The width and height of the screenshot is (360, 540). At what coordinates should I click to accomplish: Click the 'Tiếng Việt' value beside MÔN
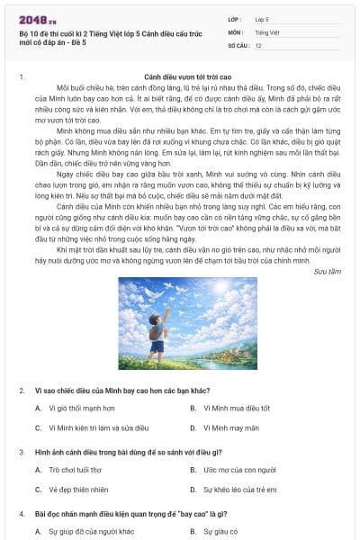(x=267, y=31)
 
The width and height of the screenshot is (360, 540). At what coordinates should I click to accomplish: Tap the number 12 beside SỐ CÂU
(x=258, y=44)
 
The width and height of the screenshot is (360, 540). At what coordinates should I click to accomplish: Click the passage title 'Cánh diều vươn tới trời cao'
(x=187, y=78)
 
